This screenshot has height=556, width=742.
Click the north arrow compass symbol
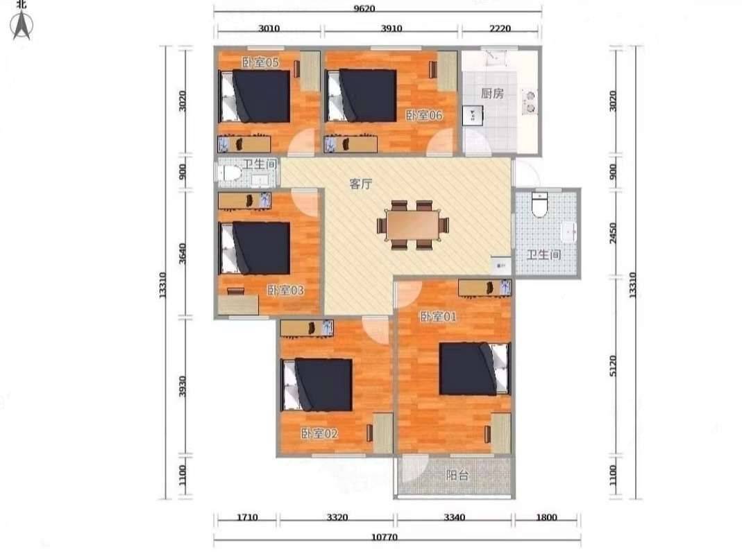22,26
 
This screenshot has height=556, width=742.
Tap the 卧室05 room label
260,62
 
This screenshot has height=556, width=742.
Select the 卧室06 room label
425,115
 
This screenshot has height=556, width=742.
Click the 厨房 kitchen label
492,94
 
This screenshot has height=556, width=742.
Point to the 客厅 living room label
361,184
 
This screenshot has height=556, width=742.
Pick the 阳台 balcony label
457,475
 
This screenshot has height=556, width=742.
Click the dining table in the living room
413,225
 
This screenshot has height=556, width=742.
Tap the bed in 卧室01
475,369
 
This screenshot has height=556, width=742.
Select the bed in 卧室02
317,385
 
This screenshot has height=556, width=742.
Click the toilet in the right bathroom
539,204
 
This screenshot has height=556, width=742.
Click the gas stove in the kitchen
529,102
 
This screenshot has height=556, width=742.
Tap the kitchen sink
473,115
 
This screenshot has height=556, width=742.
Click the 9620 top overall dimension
377,8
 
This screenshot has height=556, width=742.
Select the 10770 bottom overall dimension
385,537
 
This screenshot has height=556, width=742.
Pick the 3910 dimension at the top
391,28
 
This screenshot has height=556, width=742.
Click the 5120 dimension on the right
614,366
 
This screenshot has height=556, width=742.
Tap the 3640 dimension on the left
182,254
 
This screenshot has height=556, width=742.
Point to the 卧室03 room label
286,290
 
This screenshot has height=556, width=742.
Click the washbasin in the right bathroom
568,232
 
